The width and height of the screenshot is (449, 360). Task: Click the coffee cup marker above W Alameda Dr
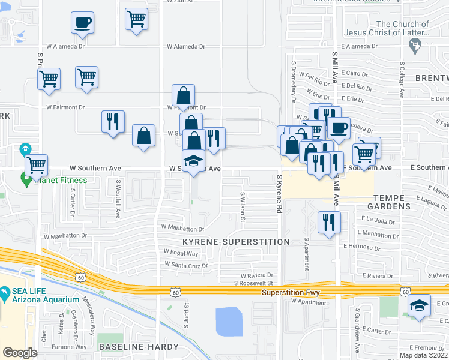coord(82,23)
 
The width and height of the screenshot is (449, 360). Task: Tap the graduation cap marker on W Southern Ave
coord(194,161)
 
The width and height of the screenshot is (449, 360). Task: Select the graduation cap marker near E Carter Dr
coord(419,305)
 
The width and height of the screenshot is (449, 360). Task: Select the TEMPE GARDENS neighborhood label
coord(400,202)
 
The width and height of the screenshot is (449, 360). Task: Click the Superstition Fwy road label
coord(291,293)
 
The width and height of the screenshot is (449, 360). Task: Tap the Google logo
coord(20,353)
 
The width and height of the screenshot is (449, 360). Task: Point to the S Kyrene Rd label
coord(279,194)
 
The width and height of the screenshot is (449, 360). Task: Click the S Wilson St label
coord(243,206)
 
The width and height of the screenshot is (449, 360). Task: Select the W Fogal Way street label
coord(181,252)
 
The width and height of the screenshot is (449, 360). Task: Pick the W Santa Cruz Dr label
coord(186,264)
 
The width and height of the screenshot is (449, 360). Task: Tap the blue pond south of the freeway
coord(228,321)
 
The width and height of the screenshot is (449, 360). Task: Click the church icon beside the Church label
coord(414,44)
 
